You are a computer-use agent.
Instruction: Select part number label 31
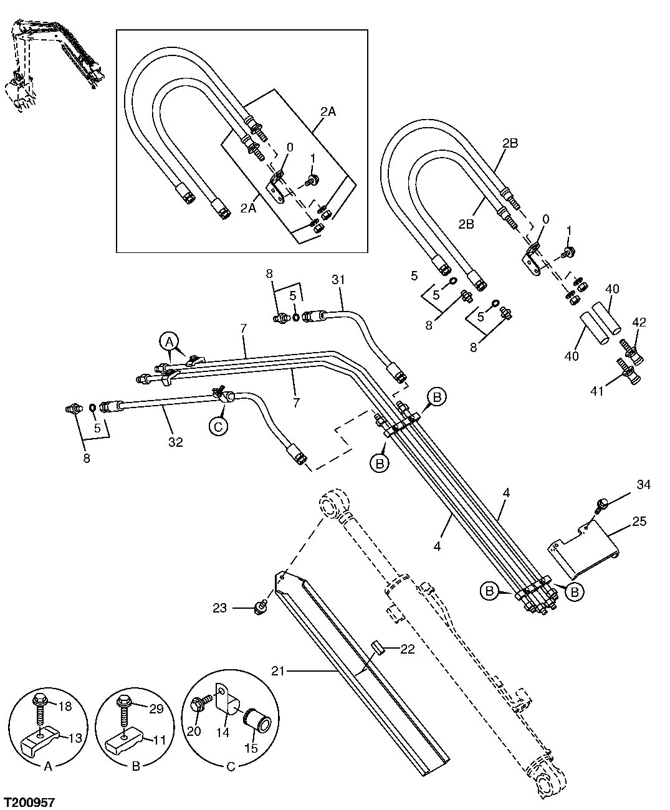click(338, 280)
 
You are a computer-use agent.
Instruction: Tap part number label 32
click(176, 442)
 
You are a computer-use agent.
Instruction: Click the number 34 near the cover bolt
click(643, 484)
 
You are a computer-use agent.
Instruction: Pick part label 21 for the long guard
click(279, 670)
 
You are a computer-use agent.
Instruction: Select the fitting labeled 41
click(629, 374)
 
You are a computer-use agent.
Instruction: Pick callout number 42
click(639, 323)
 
